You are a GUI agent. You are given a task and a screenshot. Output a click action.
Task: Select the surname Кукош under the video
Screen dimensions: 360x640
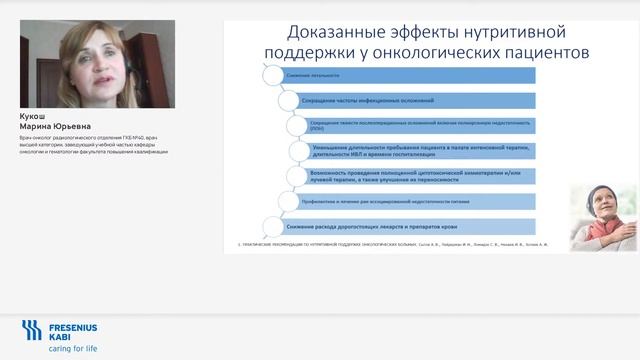(x=32, y=116)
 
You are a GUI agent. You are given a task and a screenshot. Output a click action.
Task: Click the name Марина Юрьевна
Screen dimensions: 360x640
(x=49, y=126)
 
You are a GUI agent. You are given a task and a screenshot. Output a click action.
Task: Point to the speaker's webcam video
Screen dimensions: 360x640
(x=97, y=64)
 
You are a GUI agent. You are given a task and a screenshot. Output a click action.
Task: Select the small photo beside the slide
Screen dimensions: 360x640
(x=603, y=217)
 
